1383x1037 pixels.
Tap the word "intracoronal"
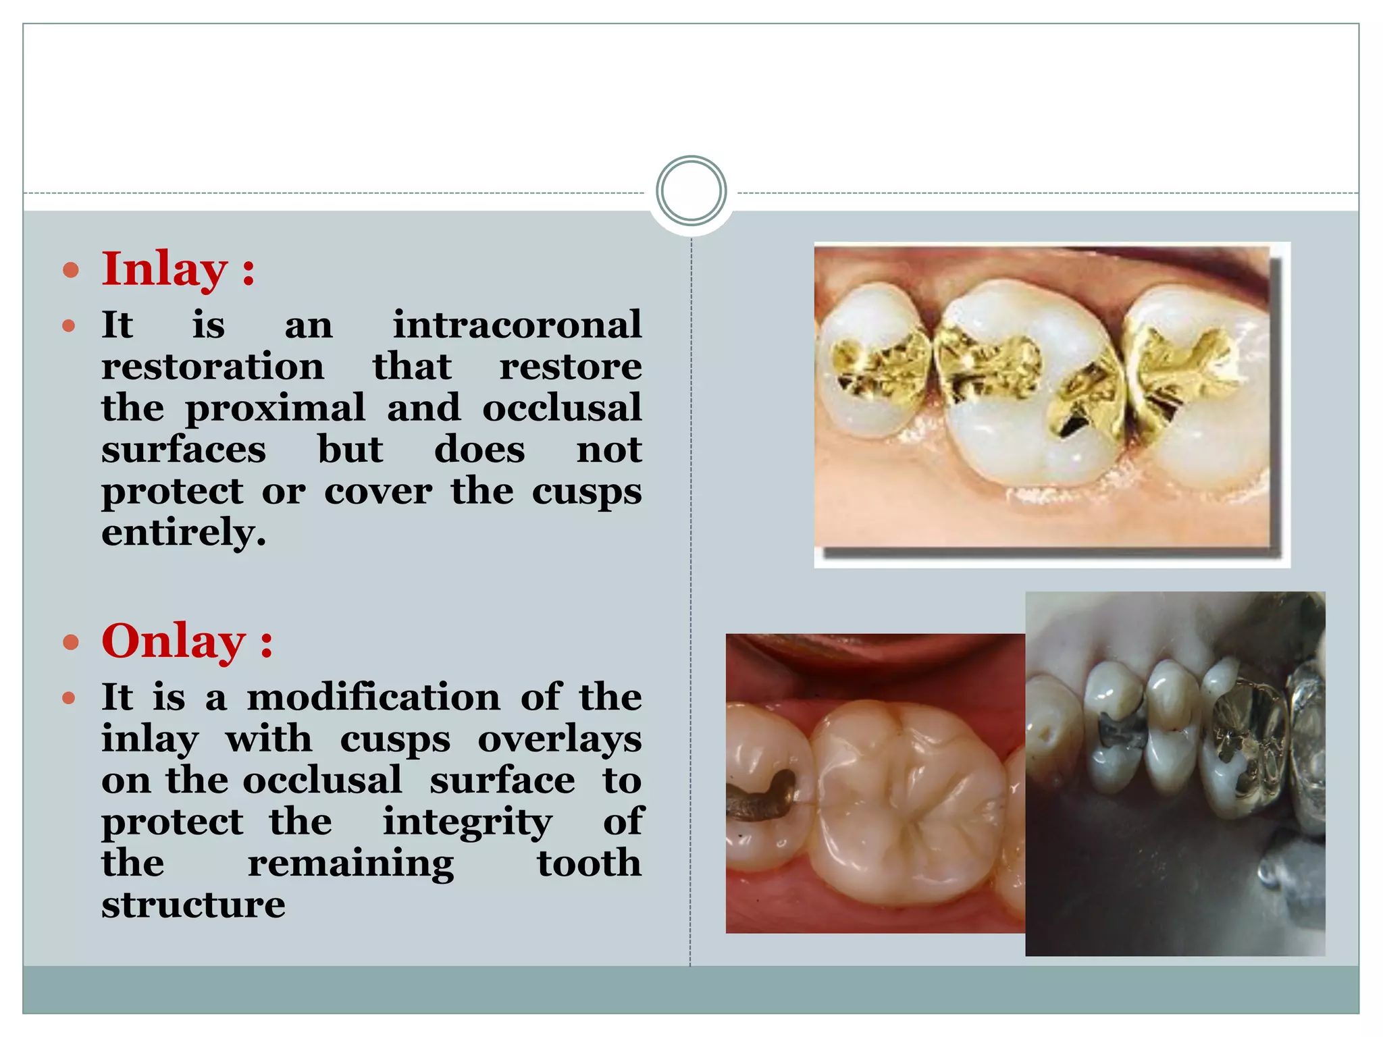pos(517,325)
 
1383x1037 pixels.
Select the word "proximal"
pos(275,408)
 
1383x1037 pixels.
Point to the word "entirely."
pos(184,533)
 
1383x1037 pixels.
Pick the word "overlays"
pos(559,739)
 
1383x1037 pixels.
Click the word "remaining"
pos(350,863)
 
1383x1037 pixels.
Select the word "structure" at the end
pos(193,905)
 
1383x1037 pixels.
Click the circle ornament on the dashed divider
pos(691,191)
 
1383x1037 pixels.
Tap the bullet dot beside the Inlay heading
pos(70,271)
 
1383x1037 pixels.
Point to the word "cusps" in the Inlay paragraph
pos(586,491)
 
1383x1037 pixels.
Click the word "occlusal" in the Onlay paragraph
pos(322,780)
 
